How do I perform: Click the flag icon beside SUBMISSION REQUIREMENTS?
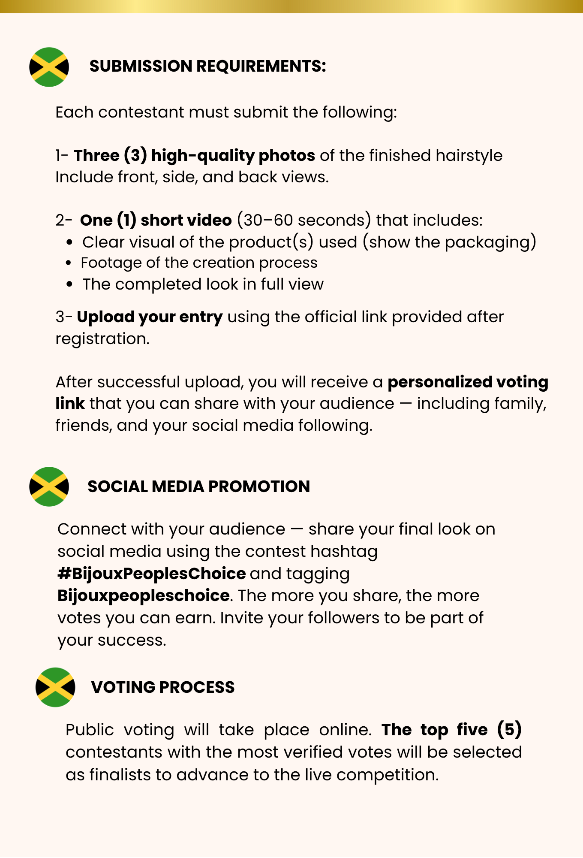tap(49, 67)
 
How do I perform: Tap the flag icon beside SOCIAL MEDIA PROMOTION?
tap(49, 486)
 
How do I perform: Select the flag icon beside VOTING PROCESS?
tap(55, 687)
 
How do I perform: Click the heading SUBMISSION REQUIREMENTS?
tap(207, 66)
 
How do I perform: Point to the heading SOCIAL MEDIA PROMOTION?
tap(198, 486)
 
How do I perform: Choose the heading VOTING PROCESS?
tap(162, 687)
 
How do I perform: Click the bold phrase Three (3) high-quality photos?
tap(194, 155)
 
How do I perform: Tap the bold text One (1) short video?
tap(156, 220)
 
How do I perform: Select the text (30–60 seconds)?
tap(304, 220)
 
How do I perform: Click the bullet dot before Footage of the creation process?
tap(69, 263)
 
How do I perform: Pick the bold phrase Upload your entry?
tap(150, 317)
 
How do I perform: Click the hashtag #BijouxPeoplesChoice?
tap(152, 574)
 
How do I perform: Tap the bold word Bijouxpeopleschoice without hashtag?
tap(143, 596)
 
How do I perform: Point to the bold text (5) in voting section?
tap(509, 730)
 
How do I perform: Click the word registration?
tap(102, 339)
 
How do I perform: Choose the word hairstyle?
tap(469, 155)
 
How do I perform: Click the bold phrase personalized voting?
tap(468, 382)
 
